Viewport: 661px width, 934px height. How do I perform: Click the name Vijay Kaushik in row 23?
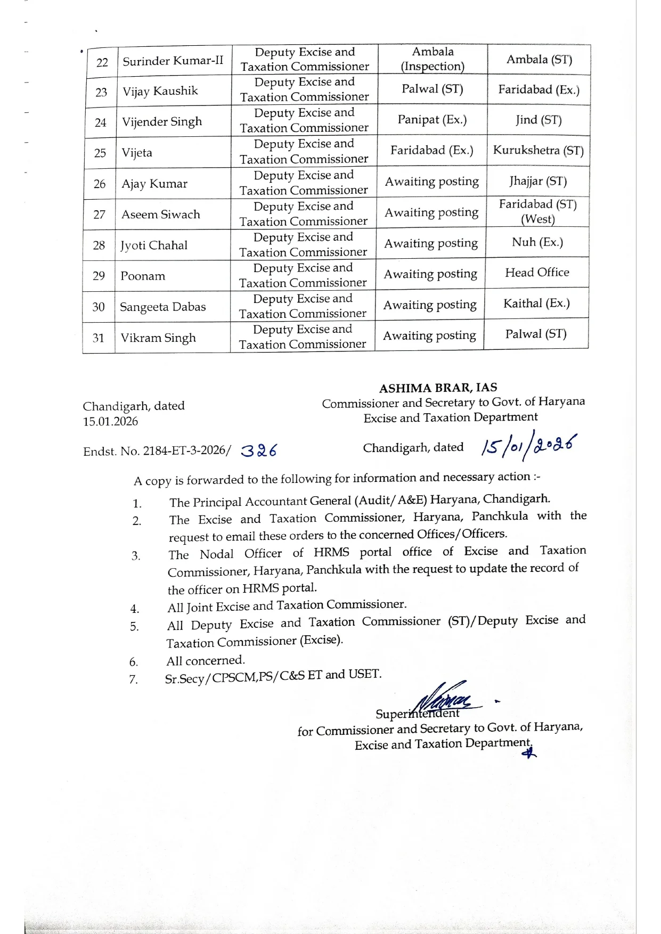tap(160, 91)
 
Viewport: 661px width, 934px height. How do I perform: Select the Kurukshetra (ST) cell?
tap(538, 151)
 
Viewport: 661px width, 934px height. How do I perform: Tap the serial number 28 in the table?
tap(99, 245)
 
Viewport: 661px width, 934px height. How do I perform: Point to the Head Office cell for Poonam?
tap(537, 273)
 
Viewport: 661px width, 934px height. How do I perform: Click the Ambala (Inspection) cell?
tap(432, 59)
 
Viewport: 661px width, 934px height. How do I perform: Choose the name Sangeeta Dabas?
tap(162, 307)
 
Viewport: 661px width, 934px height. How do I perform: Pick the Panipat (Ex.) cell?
tap(432, 120)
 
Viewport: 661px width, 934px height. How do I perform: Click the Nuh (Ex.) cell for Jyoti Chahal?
tap(537, 242)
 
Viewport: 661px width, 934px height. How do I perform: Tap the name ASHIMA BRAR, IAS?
tap(438, 388)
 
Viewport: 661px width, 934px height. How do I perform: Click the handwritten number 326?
tap(259, 451)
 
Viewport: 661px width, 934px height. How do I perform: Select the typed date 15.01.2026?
tap(110, 422)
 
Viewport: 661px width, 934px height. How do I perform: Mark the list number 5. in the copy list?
tap(134, 627)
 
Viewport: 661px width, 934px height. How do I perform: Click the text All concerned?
tap(206, 661)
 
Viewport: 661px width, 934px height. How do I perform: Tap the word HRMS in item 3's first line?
tap(331, 552)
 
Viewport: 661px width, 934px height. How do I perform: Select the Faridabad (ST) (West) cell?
tap(537, 211)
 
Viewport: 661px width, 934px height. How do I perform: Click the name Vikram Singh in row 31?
tap(158, 338)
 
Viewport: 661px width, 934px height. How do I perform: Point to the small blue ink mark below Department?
tap(528, 753)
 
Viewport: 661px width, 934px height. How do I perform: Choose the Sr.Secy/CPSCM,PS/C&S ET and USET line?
tap(273, 676)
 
